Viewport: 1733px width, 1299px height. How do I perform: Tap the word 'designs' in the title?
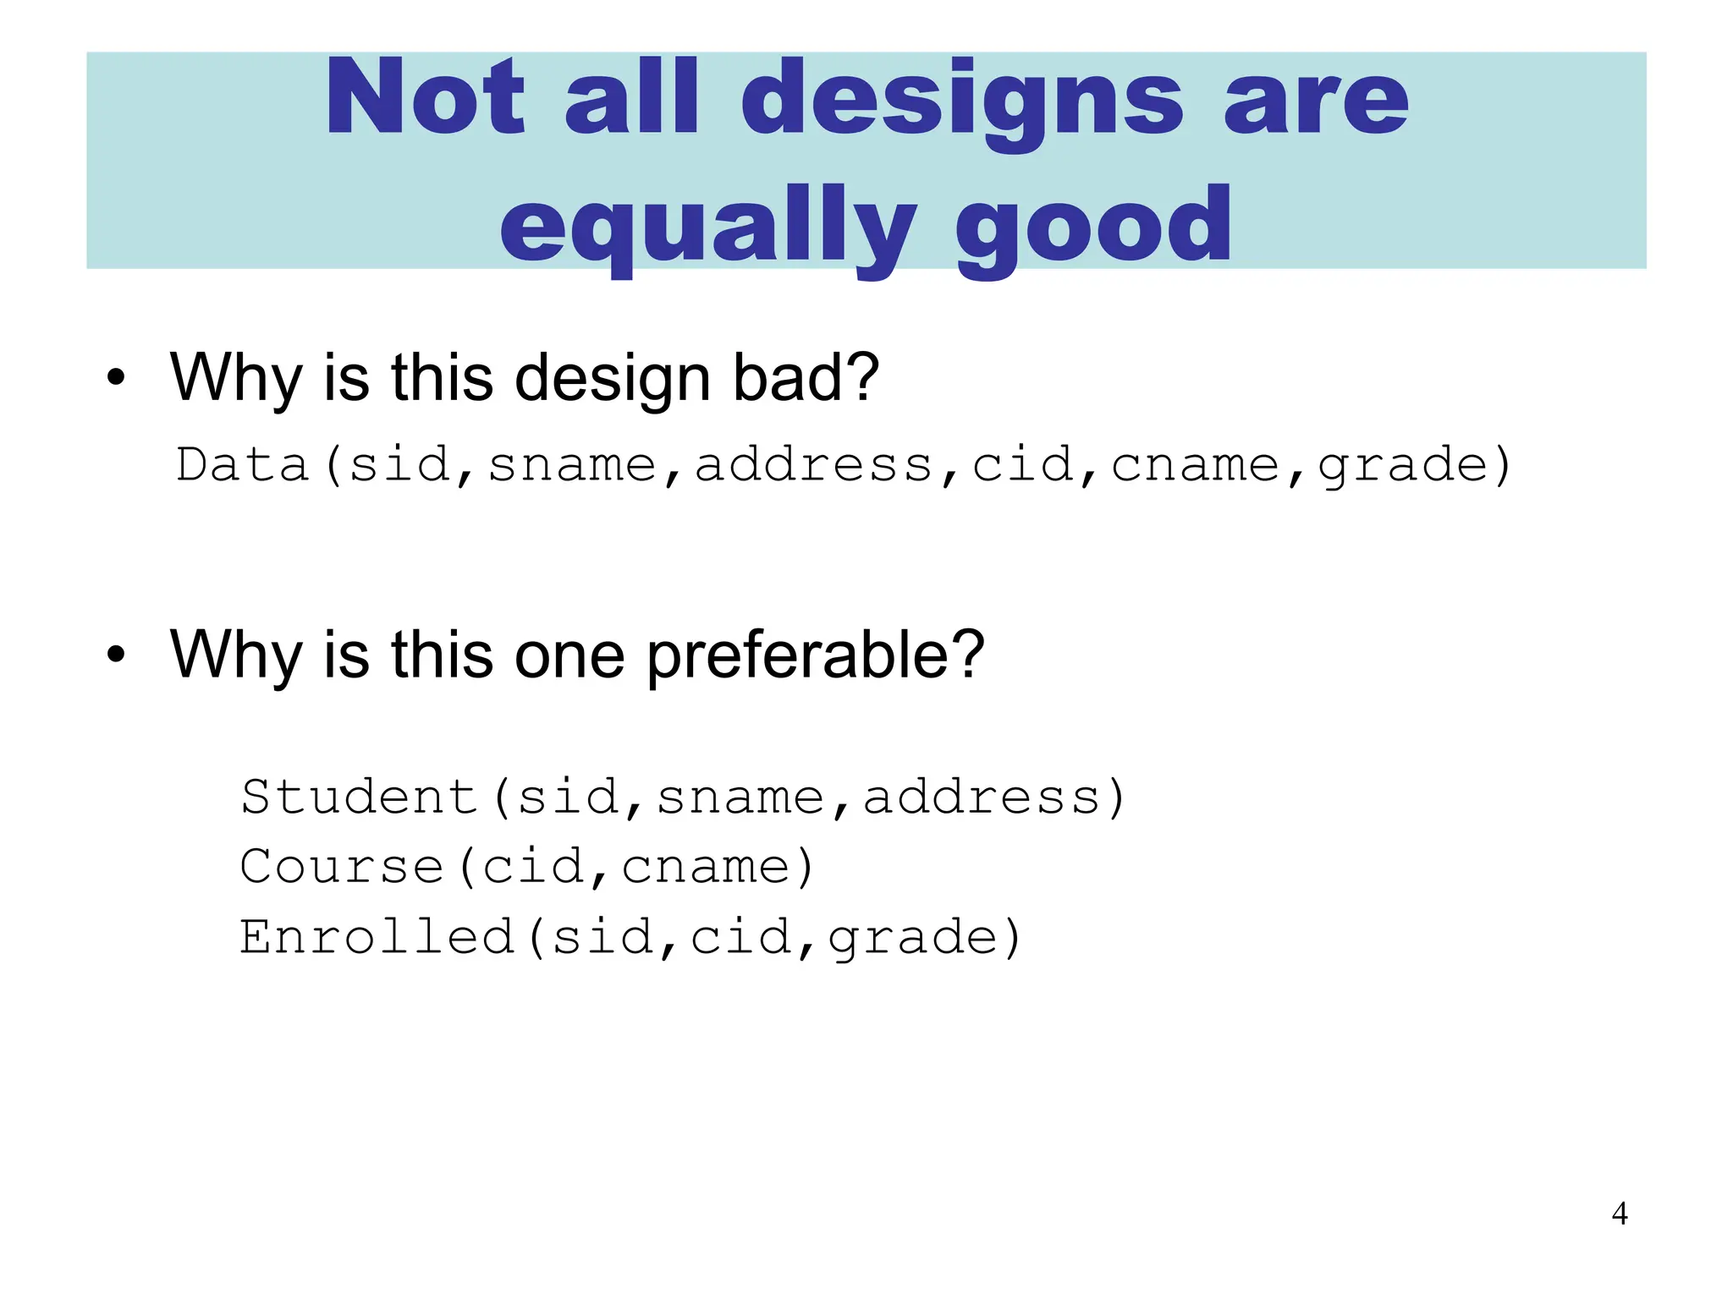click(x=962, y=101)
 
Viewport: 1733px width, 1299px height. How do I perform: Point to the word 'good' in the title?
click(x=1093, y=227)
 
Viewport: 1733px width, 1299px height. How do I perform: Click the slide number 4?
click(x=1619, y=1214)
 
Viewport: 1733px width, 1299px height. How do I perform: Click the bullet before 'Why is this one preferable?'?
click(x=116, y=655)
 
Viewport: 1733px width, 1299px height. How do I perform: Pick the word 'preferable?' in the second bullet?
click(x=816, y=655)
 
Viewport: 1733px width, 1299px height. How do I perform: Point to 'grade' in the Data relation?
click(x=1402, y=467)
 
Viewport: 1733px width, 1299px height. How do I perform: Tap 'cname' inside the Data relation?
click(x=1195, y=465)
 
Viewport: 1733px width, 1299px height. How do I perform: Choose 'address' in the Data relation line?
click(x=814, y=465)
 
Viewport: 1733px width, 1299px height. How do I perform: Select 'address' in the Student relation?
click(x=982, y=797)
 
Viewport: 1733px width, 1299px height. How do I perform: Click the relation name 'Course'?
click(x=342, y=867)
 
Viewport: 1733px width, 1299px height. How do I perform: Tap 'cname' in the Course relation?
click(x=706, y=867)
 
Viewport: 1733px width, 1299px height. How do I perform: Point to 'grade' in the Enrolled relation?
click(x=913, y=939)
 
